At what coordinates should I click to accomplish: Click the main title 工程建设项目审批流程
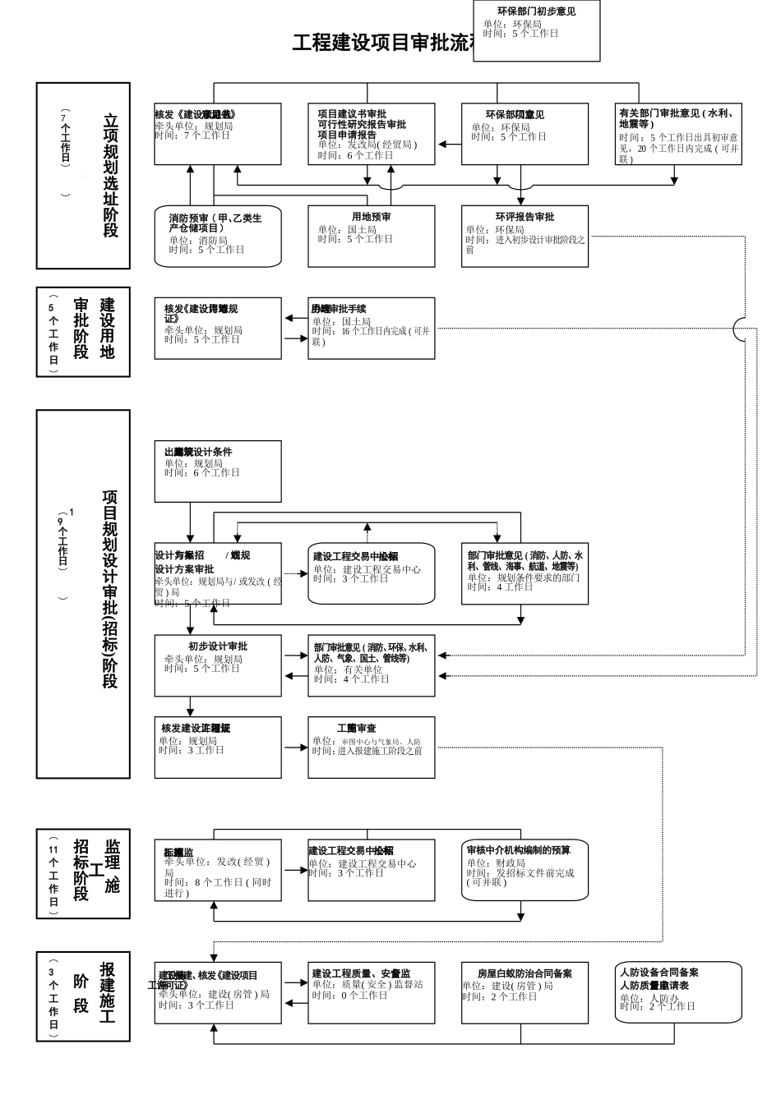pyautogui.click(x=382, y=43)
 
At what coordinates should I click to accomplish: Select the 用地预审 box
pyautogui.click(x=371, y=236)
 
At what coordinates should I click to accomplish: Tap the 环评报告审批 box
pyautogui.click(x=525, y=236)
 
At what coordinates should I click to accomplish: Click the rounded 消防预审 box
pyautogui.click(x=218, y=236)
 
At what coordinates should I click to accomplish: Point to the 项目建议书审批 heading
pyautogui.click(x=352, y=114)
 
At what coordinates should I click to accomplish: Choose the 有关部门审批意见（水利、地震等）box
pyautogui.click(x=678, y=134)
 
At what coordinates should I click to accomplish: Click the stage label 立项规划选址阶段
pyautogui.click(x=110, y=176)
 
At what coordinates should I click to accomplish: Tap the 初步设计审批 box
pyautogui.click(x=218, y=665)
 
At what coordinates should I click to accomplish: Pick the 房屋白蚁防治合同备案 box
pyautogui.click(x=525, y=992)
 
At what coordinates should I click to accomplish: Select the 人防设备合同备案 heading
pyautogui.click(x=659, y=972)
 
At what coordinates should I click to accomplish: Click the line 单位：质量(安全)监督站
pyautogui.click(x=367, y=984)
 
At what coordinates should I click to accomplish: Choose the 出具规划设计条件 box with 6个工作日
pyautogui.click(x=218, y=471)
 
